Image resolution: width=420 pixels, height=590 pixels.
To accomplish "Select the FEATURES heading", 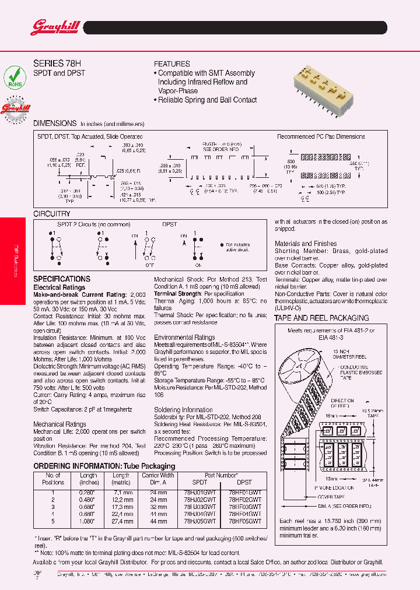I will pos(171,64).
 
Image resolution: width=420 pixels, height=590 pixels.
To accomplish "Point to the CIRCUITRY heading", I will pos(52,214).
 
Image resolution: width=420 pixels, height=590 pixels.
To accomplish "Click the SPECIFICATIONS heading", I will pos(62,279).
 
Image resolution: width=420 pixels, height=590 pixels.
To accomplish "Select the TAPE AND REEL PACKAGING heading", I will pos(321,318).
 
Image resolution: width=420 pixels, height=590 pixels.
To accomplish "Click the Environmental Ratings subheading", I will pos(184,337).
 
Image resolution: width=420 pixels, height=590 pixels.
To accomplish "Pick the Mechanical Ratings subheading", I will pos(60,424).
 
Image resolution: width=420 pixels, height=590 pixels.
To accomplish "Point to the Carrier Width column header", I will pos(159,479).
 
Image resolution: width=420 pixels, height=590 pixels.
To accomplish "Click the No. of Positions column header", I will pos(53,479).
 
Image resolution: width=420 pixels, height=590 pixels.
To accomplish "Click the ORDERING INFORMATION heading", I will pos(104,466).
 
